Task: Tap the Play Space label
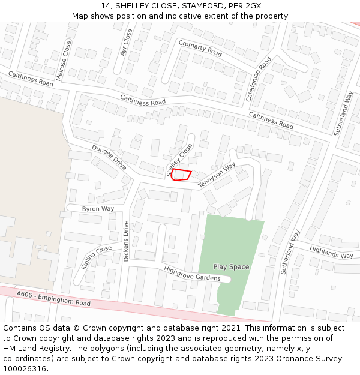[x=231, y=266]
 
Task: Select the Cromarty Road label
[x=200, y=48]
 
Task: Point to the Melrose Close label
[x=62, y=61]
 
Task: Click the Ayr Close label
[x=126, y=43]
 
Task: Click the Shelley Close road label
[x=180, y=160]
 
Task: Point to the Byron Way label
[x=98, y=209]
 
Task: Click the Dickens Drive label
[x=126, y=241]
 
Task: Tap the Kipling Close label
[x=96, y=257]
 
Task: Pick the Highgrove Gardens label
[x=196, y=274]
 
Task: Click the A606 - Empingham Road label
[x=53, y=299]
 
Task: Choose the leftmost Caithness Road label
[x=30, y=78]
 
